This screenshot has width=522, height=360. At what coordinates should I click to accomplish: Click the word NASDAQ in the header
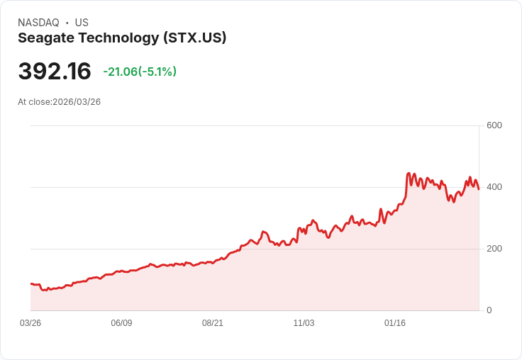point(38,23)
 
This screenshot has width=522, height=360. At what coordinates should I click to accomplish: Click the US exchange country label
point(82,23)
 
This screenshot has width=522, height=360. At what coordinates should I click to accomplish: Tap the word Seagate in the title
point(45,38)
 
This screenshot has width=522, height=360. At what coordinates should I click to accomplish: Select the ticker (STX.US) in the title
point(194,38)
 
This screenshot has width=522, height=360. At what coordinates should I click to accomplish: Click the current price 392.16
point(55,72)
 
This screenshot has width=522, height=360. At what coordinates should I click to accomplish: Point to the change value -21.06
point(120,72)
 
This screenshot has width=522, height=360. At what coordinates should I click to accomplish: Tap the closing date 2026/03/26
point(77,102)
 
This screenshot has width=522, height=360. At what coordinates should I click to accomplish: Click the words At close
point(33,102)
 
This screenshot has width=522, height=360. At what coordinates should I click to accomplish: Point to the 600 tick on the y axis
point(494,126)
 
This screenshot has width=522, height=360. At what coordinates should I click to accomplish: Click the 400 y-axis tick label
point(494,187)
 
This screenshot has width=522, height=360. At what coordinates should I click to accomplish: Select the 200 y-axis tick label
point(494,249)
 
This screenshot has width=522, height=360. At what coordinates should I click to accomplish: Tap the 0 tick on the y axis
point(489,310)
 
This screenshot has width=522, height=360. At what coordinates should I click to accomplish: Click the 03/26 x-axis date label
point(30,323)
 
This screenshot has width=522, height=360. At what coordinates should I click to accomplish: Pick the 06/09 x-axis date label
point(121,323)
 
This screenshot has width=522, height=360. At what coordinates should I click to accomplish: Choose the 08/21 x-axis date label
point(213,323)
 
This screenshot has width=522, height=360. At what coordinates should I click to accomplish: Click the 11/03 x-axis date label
point(304,323)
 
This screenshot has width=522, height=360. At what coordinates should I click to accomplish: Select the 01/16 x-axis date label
point(395,323)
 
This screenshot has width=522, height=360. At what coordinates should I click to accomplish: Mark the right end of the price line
point(479,189)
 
